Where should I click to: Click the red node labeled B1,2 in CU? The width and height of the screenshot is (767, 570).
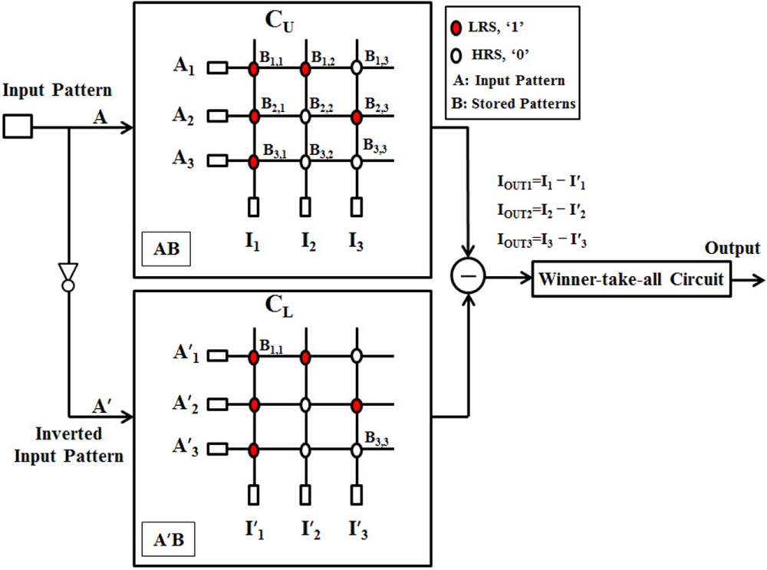tap(305, 69)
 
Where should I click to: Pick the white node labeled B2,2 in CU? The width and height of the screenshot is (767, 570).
tap(305, 116)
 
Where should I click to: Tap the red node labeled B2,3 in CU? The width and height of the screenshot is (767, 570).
tap(357, 116)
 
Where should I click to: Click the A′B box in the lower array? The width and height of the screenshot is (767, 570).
tap(168, 539)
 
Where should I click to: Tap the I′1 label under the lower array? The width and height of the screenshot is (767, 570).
tap(255, 529)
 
